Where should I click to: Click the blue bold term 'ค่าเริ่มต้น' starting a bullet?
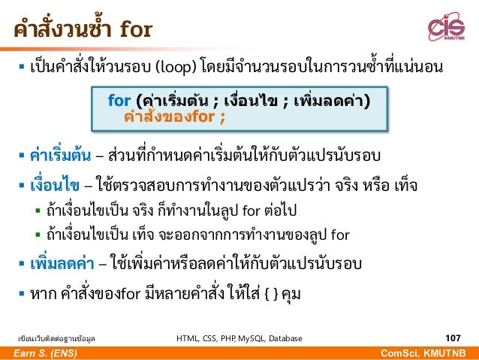pyautogui.click(x=55, y=156)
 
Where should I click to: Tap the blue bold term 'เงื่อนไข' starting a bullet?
pyautogui.click(x=50, y=185)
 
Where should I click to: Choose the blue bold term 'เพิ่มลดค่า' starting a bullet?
pyautogui.click(x=56, y=265)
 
